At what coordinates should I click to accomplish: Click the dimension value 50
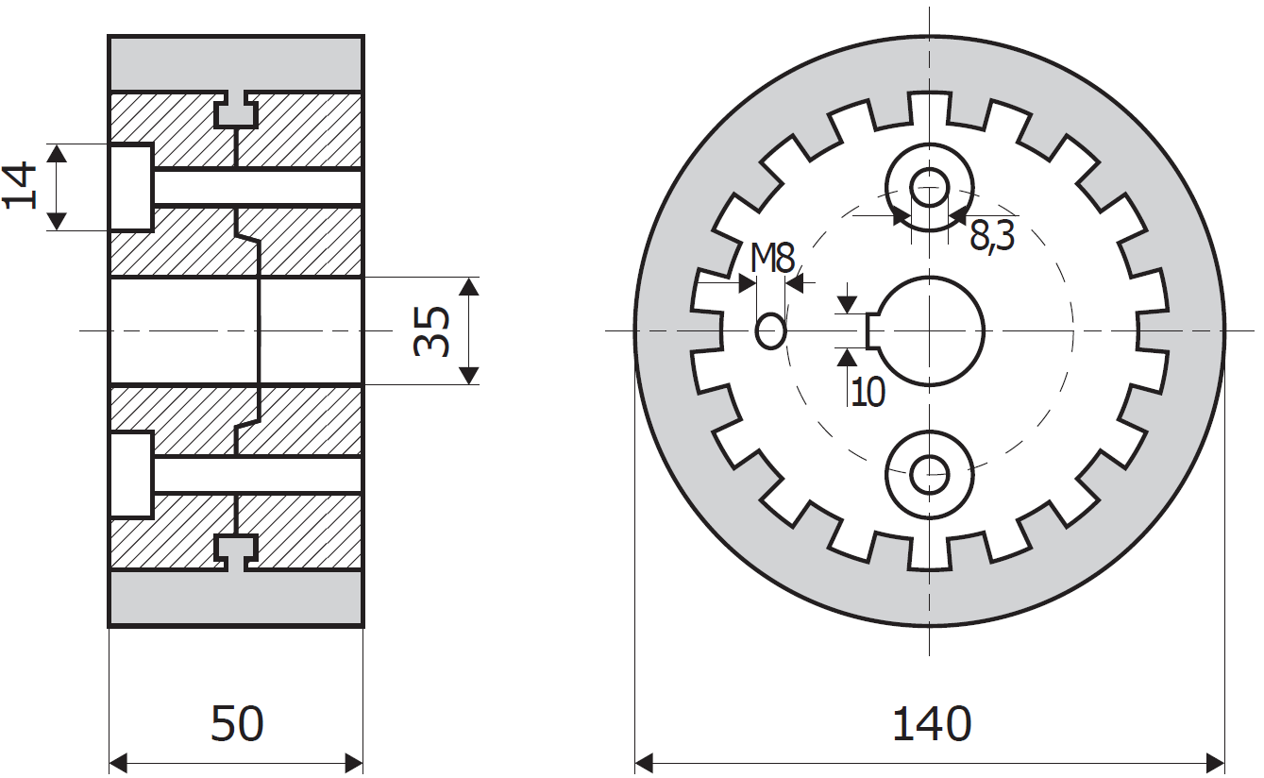coord(237,724)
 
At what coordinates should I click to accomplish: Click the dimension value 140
coord(931,724)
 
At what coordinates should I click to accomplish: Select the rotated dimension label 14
coord(21,186)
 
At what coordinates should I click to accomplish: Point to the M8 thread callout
coord(773,257)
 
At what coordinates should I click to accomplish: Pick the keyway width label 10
coord(868,390)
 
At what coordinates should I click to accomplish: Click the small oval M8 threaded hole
coord(771,330)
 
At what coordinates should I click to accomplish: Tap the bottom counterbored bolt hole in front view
coord(930,474)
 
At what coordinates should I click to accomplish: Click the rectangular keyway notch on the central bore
coord(874,330)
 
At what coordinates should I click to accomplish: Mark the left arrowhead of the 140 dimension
coord(643,762)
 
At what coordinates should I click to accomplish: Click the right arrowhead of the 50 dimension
coord(355,762)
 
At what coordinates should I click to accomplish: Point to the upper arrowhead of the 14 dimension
coord(58,153)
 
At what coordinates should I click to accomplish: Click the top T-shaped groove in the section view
coord(236,111)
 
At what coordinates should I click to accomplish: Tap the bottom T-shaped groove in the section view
coord(236,550)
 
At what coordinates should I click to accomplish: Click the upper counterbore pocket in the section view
coord(131,187)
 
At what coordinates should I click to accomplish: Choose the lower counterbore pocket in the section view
coord(131,474)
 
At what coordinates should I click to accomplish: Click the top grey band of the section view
coord(236,62)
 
